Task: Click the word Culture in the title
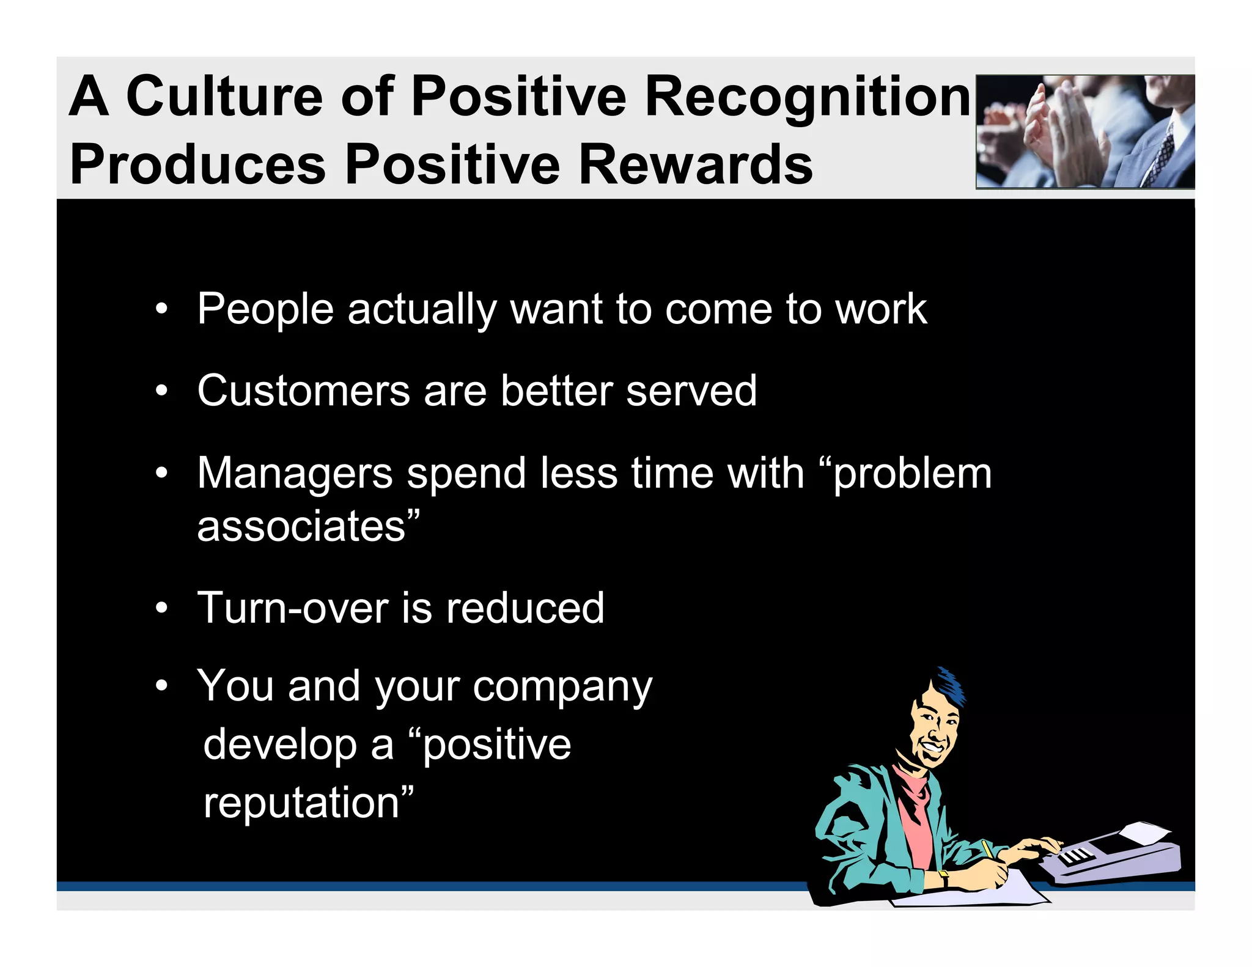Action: coord(224,96)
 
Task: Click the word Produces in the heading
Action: coord(198,165)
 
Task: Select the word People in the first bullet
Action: coord(265,310)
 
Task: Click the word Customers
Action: coord(303,391)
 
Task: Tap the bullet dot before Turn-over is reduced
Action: coord(161,609)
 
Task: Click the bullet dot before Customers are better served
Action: coord(161,391)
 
